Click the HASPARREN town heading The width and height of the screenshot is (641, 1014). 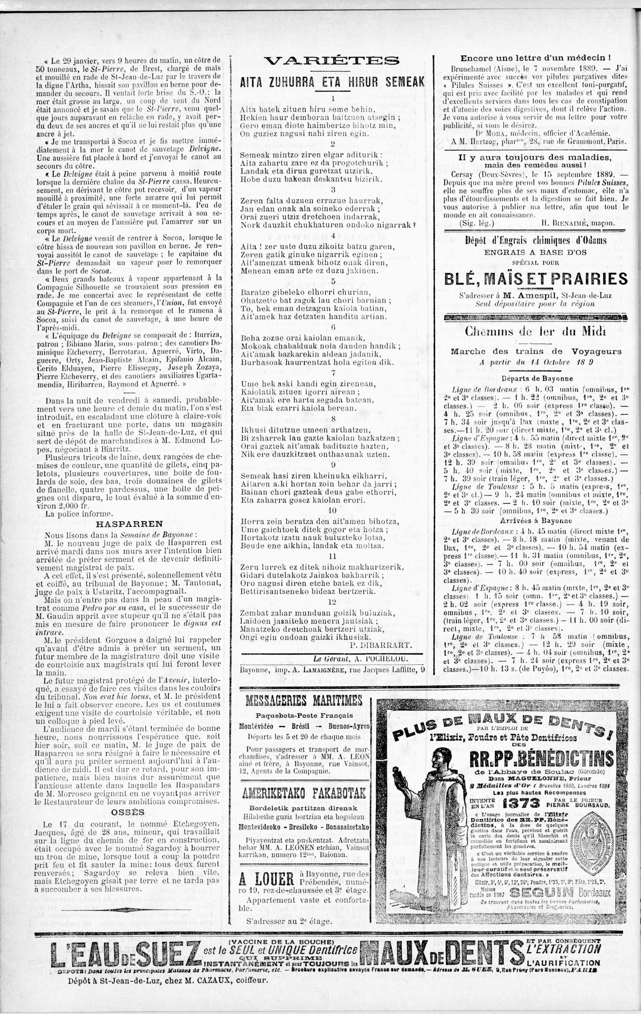tap(123, 524)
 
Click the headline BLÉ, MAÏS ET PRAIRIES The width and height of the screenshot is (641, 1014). tap(536, 279)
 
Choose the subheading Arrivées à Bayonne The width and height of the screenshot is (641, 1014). tap(536, 520)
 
